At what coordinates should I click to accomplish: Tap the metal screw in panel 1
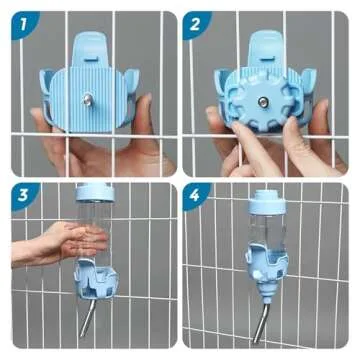point(88,98)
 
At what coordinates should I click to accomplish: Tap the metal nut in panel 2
point(265,101)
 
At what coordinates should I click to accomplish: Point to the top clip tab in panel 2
point(265,44)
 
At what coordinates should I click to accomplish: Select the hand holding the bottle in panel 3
point(50,243)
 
